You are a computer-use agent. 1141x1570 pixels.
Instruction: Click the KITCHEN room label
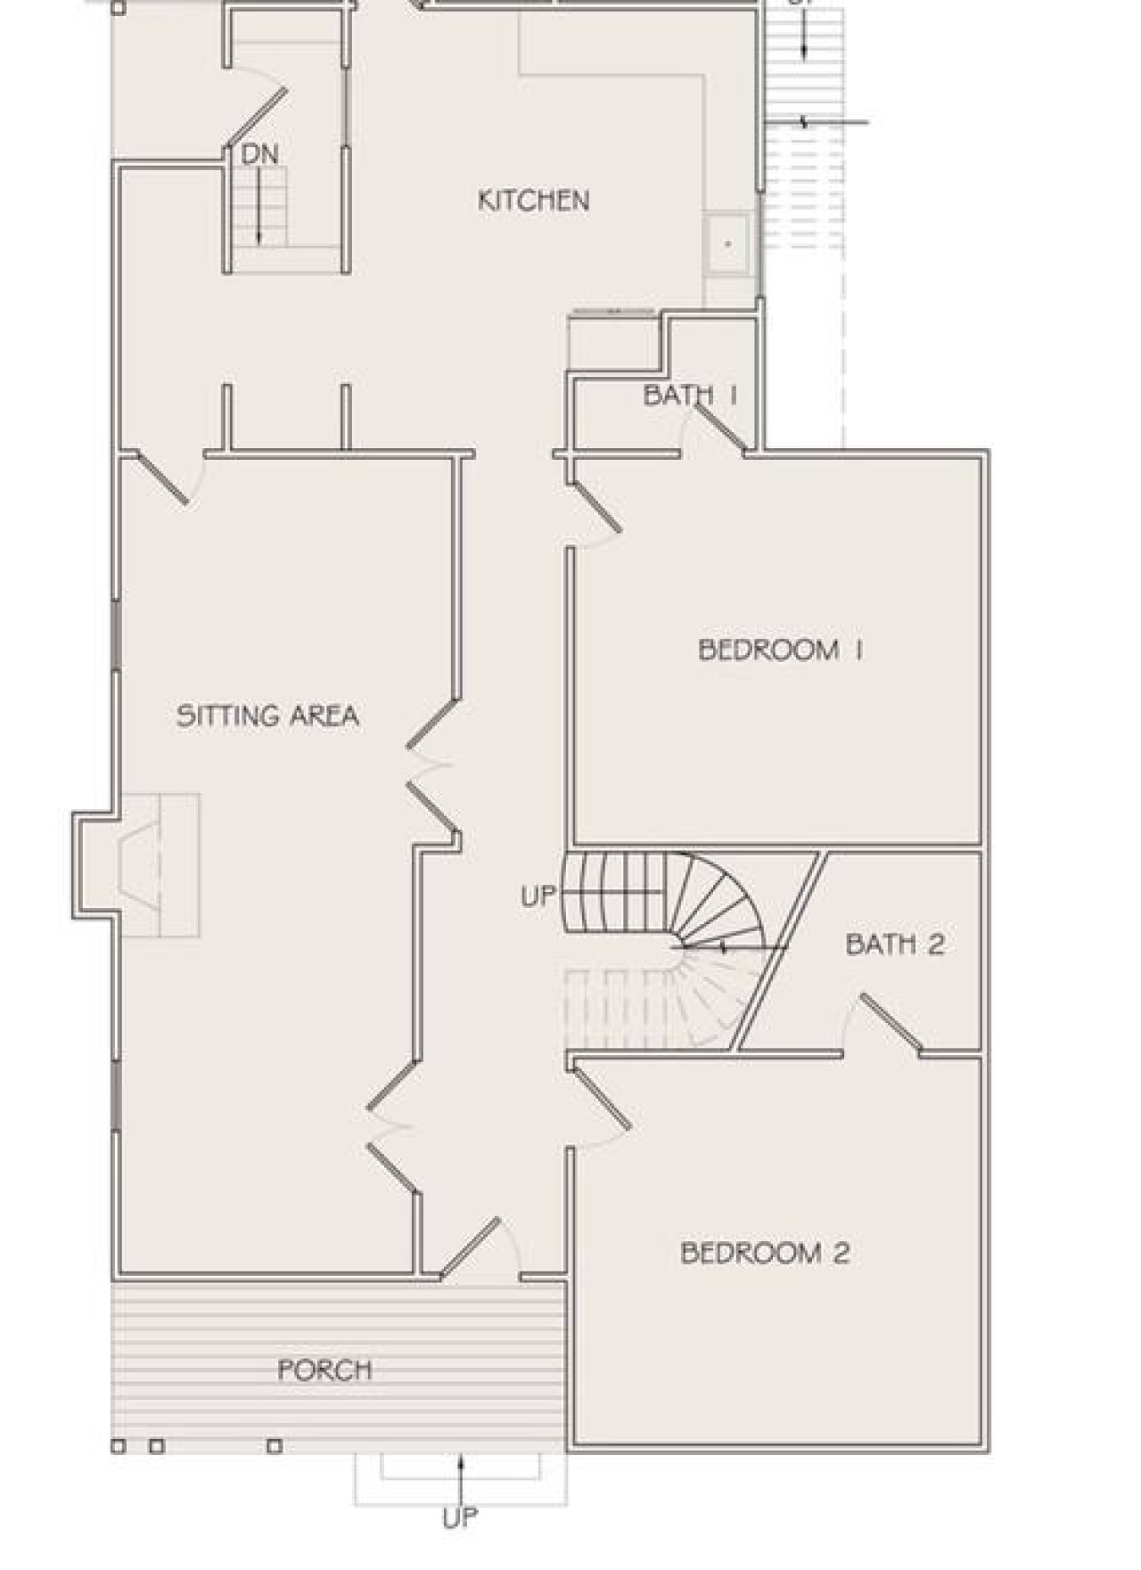(x=533, y=200)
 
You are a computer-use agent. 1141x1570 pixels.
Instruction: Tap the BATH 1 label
(x=691, y=395)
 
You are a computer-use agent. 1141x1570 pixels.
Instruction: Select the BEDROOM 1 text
(x=780, y=650)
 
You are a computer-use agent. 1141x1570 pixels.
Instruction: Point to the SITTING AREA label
(x=267, y=715)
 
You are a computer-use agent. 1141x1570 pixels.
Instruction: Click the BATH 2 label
(x=895, y=944)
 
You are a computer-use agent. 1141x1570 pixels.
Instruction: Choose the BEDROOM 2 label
(x=765, y=1253)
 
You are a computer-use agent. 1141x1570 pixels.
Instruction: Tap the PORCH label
(x=324, y=1370)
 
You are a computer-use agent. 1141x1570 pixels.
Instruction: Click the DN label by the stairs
(x=259, y=154)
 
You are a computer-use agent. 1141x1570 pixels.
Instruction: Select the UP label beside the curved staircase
(x=538, y=896)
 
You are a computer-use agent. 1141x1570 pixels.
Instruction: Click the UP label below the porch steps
(x=460, y=1517)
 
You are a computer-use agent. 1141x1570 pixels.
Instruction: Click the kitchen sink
(x=728, y=242)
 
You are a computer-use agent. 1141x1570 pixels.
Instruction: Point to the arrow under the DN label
(x=259, y=205)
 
